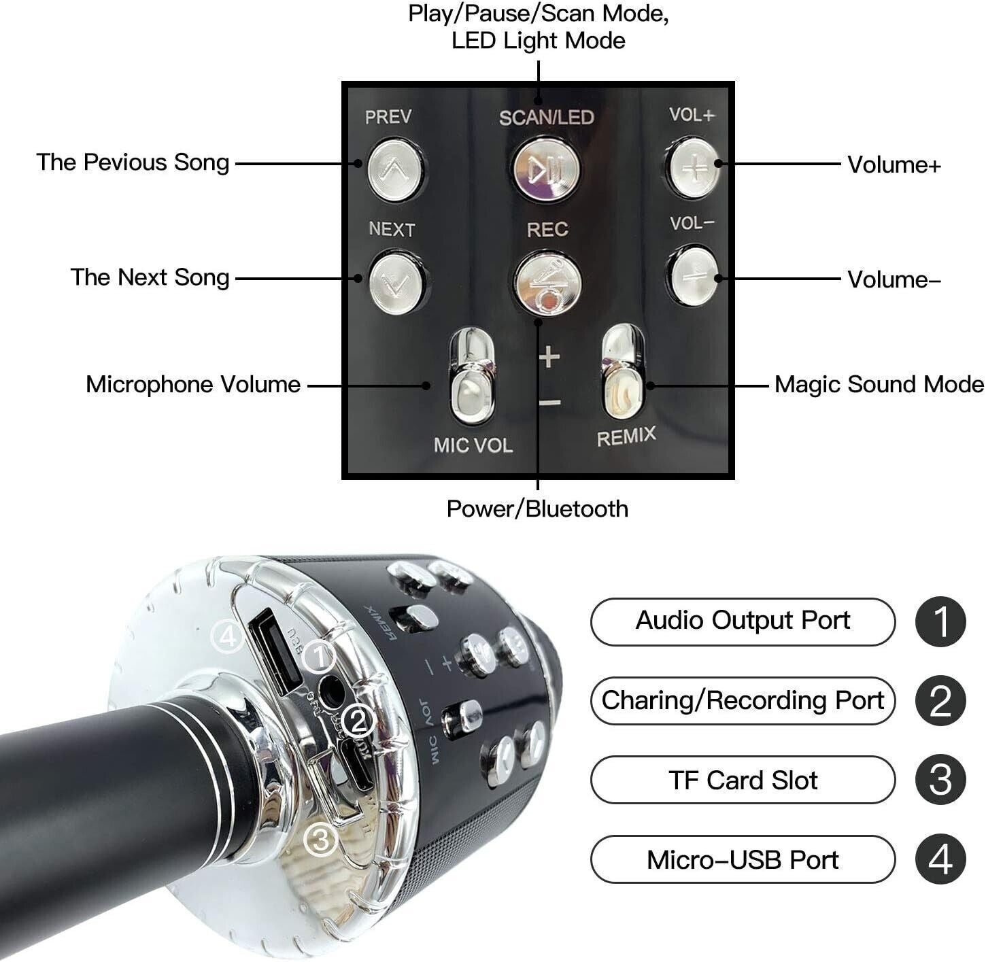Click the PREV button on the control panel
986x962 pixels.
(x=395, y=169)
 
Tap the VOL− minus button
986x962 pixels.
(x=693, y=275)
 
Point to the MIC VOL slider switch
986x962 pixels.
(x=472, y=381)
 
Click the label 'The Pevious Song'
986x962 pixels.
(x=133, y=162)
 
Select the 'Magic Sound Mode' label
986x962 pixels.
(x=879, y=385)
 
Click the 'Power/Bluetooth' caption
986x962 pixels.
(x=537, y=509)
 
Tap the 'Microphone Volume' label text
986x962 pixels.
(x=193, y=385)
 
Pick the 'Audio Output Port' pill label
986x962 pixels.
(x=743, y=621)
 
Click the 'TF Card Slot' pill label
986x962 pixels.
(x=743, y=780)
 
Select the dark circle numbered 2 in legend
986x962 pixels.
(x=940, y=701)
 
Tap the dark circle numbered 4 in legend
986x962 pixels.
(x=940, y=860)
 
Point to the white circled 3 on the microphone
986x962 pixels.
(x=320, y=840)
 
